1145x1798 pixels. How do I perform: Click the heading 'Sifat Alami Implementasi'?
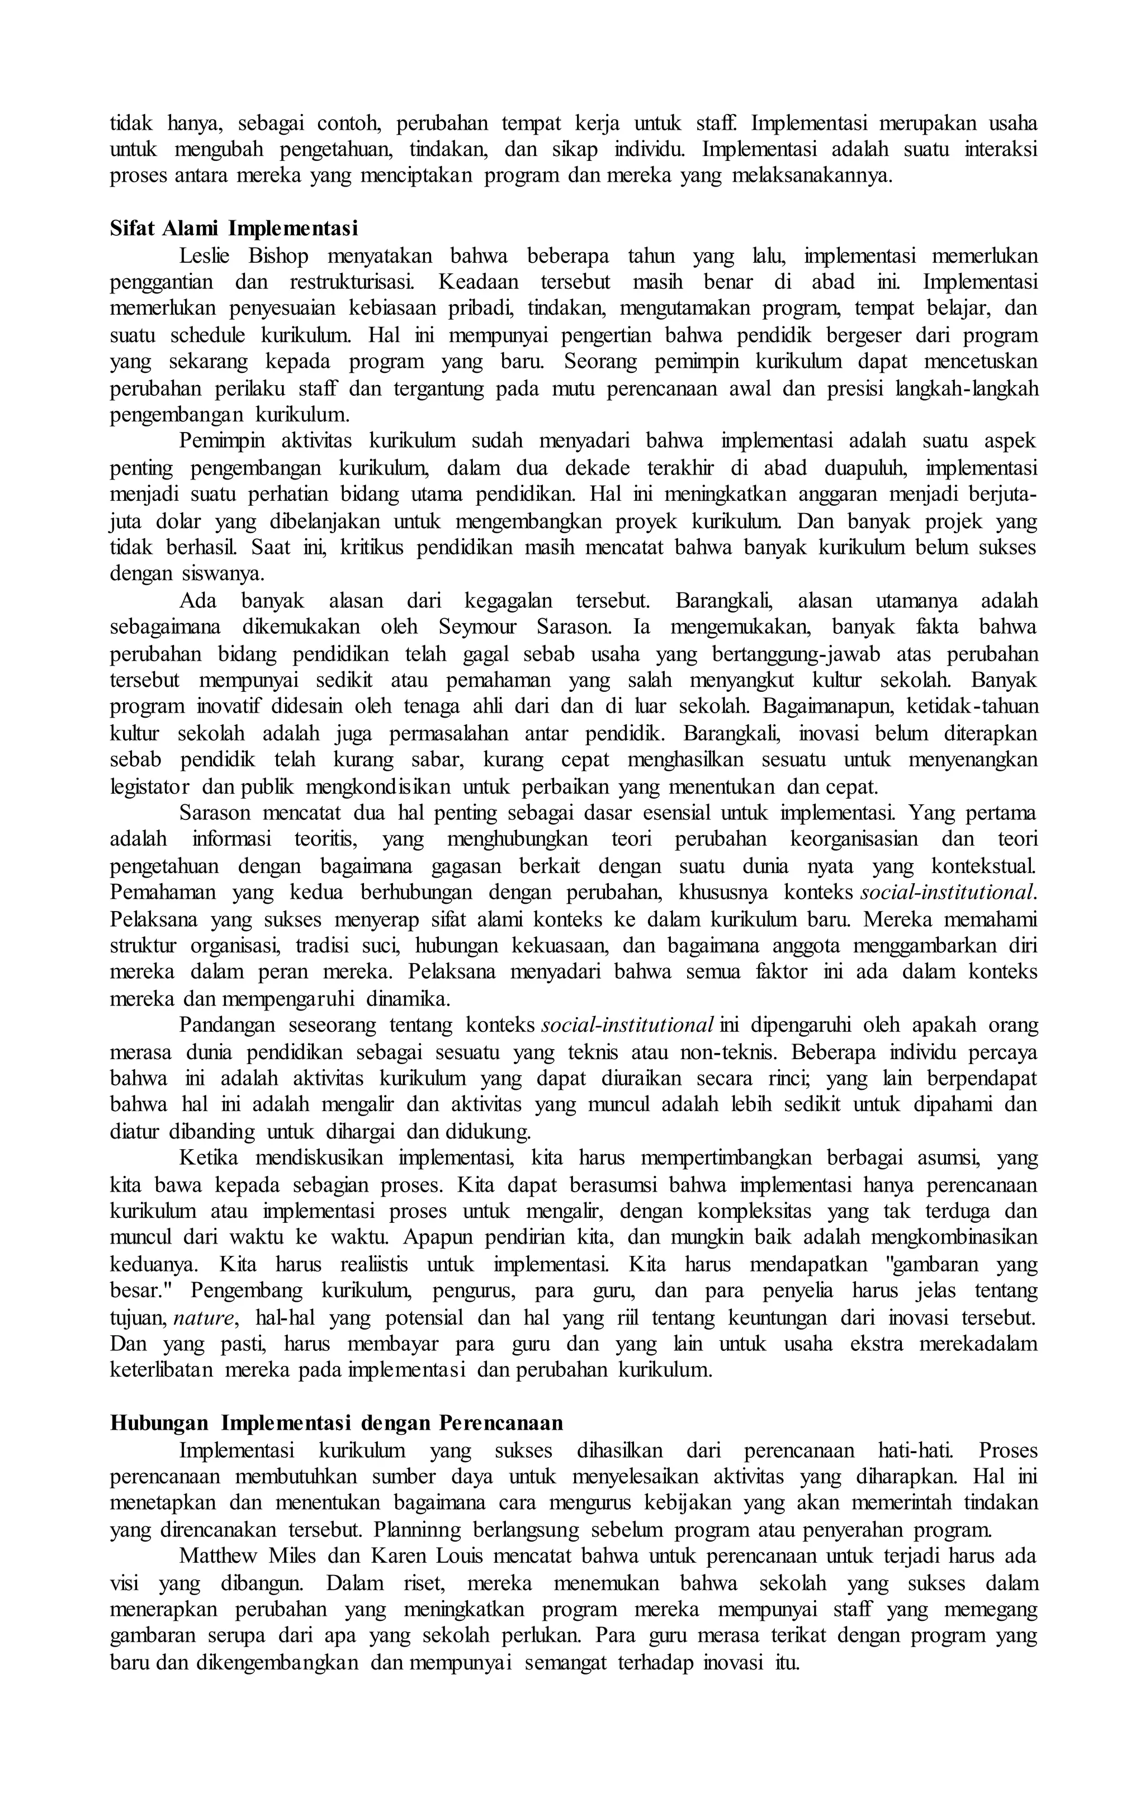point(234,227)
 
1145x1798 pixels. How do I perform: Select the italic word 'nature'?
point(205,1318)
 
